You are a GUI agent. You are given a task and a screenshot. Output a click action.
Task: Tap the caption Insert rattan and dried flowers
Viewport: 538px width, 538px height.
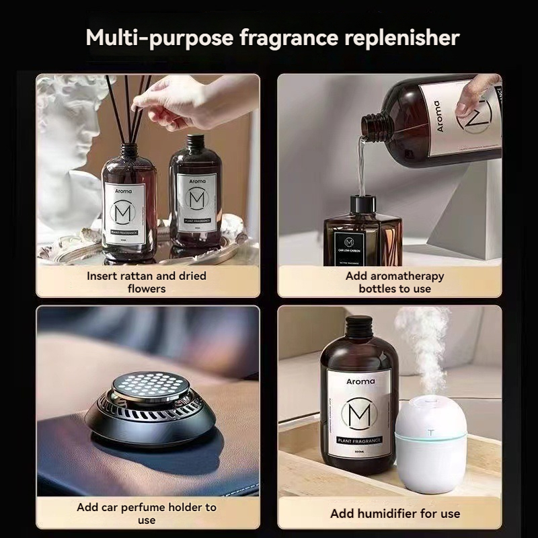coord(146,282)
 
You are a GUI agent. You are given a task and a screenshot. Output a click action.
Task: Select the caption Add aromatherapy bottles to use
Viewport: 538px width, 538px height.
coord(394,282)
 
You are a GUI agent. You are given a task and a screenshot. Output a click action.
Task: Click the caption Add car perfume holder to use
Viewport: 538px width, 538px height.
coord(146,513)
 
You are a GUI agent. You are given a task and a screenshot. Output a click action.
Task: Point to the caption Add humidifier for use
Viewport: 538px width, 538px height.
coord(395,513)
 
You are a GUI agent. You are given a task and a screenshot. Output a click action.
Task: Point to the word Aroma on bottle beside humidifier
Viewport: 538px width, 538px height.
coord(360,381)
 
